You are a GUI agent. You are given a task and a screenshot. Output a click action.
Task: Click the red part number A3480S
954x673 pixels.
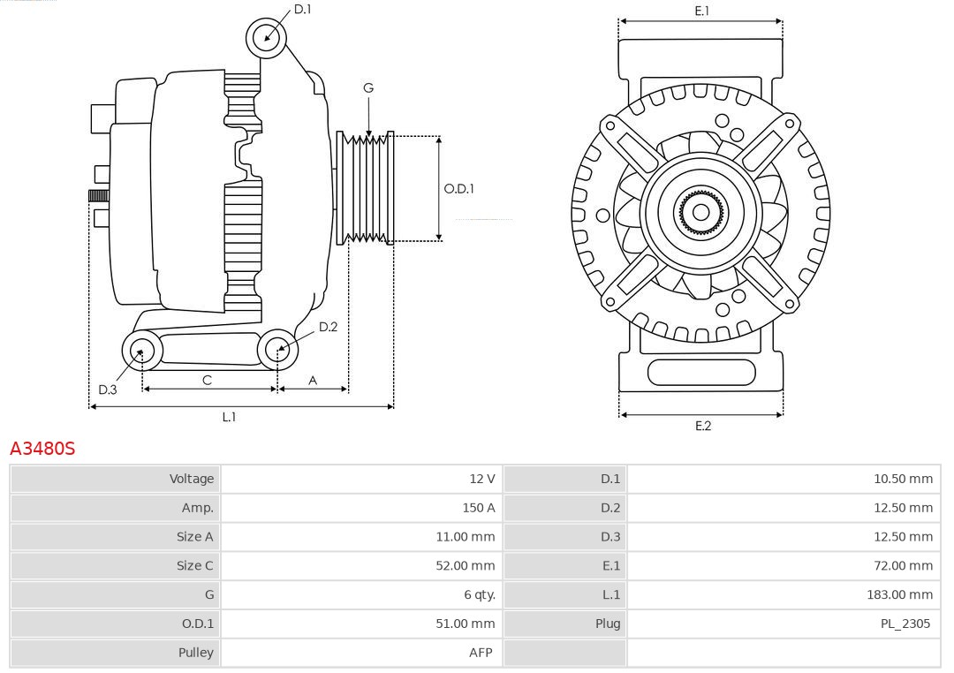pyautogui.click(x=42, y=449)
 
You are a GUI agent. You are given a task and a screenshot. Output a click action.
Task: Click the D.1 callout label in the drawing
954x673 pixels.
pyautogui.click(x=302, y=9)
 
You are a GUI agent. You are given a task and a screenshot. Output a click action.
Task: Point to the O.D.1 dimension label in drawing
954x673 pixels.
pyautogui.click(x=458, y=188)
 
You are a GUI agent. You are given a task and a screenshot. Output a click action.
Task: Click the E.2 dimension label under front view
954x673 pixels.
pyautogui.click(x=702, y=426)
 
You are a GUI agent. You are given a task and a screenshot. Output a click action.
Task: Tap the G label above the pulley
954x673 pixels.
pyautogui.click(x=368, y=87)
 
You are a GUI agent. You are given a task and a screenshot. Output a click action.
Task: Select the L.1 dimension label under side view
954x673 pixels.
pyautogui.click(x=229, y=417)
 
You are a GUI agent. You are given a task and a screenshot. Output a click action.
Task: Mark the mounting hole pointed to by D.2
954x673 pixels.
pyautogui.click(x=277, y=350)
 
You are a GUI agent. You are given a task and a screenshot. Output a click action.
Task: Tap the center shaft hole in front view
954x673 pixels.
pyautogui.click(x=700, y=212)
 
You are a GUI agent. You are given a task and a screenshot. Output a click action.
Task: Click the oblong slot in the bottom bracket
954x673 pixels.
pyautogui.click(x=701, y=373)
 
